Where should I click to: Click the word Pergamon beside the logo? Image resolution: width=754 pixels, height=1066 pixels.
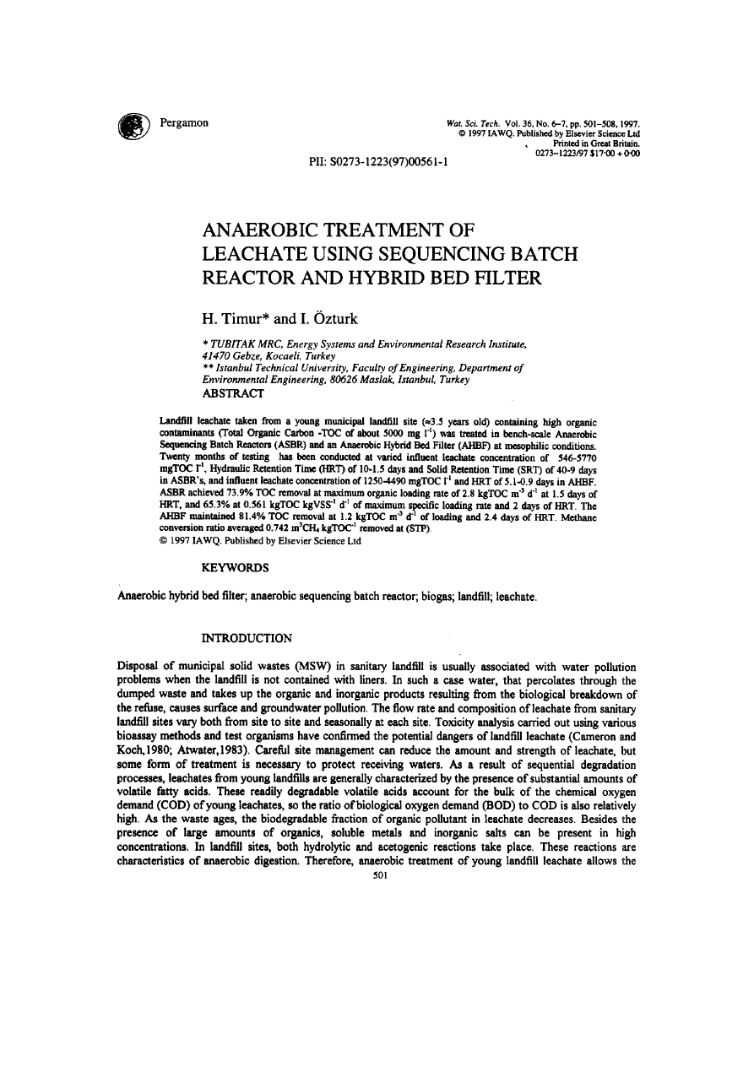tap(185, 123)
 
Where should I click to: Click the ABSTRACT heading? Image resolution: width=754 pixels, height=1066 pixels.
tap(234, 392)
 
